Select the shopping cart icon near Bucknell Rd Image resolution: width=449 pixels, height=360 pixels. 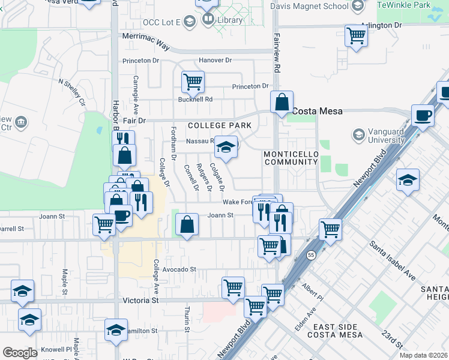(193, 81)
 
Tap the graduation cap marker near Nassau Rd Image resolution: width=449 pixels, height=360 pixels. (226, 148)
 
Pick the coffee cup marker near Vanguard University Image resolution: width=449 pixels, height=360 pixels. (423, 115)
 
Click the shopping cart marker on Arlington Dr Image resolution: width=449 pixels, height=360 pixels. (356, 36)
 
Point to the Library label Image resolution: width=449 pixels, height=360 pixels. (230, 20)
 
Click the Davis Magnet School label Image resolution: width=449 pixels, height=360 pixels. (309, 6)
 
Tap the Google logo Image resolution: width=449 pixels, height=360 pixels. (20, 353)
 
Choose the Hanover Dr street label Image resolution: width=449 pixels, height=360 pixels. (215, 60)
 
